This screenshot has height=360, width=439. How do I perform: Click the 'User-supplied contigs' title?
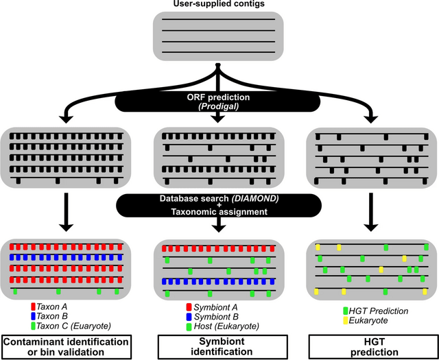click(x=217, y=5)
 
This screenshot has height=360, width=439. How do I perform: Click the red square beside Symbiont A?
click(x=188, y=304)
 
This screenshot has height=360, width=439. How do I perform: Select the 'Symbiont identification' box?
click(x=217, y=346)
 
